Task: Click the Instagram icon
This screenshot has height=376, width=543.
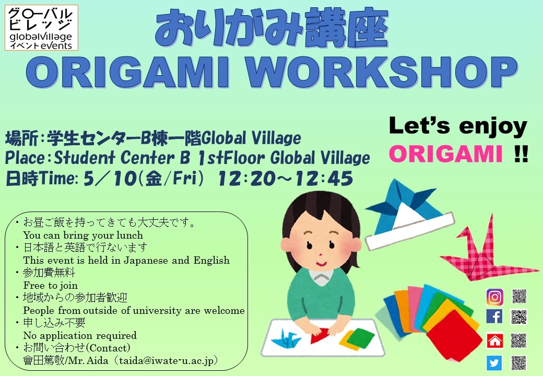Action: (494, 297)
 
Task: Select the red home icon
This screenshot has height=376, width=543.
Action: (494, 340)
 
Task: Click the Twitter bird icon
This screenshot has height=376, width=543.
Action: (494, 362)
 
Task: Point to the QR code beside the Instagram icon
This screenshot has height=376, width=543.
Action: (519, 297)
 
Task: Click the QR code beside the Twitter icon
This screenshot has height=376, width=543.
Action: (519, 362)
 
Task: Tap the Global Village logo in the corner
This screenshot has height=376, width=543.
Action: (42, 28)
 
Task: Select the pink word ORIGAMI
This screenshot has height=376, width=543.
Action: (445, 155)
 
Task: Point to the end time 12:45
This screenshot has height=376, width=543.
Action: (323, 179)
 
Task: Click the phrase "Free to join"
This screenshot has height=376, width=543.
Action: (51, 285)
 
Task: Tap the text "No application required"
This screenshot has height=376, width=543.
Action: (80, 335)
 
